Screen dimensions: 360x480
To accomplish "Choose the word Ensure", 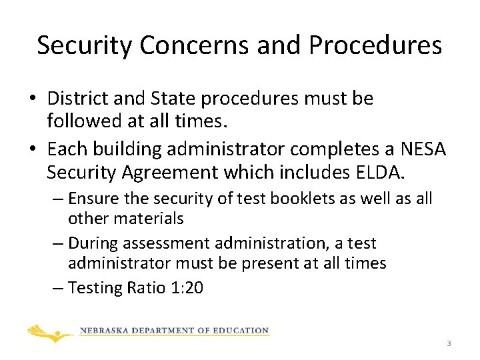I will (x=89, y=199).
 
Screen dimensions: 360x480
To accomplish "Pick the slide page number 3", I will (x=449, y=343).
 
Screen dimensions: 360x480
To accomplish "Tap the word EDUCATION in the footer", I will (x=243, y=331).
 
